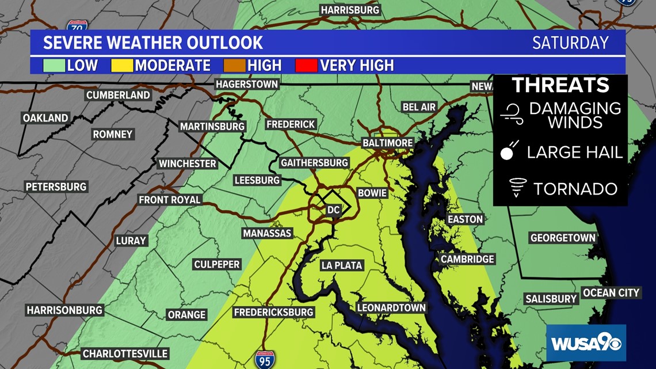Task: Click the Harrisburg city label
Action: point(350,10)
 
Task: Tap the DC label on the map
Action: point(334,210)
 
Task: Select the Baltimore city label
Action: point(387,143)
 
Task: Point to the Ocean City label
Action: point(611,292)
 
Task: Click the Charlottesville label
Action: point(125,353)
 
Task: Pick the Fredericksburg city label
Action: point(273,312)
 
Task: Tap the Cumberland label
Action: point(118,94)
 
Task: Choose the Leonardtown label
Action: point(391,307)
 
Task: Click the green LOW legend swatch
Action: point(55,65)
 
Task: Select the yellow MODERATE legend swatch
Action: point(125,65)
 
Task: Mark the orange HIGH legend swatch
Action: point(237,65)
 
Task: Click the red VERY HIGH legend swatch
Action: point(306,65)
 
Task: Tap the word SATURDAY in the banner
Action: point(570,43)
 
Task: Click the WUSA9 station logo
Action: point(586,344)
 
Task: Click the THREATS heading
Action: point(560,85)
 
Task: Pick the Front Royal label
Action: point(170,200)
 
